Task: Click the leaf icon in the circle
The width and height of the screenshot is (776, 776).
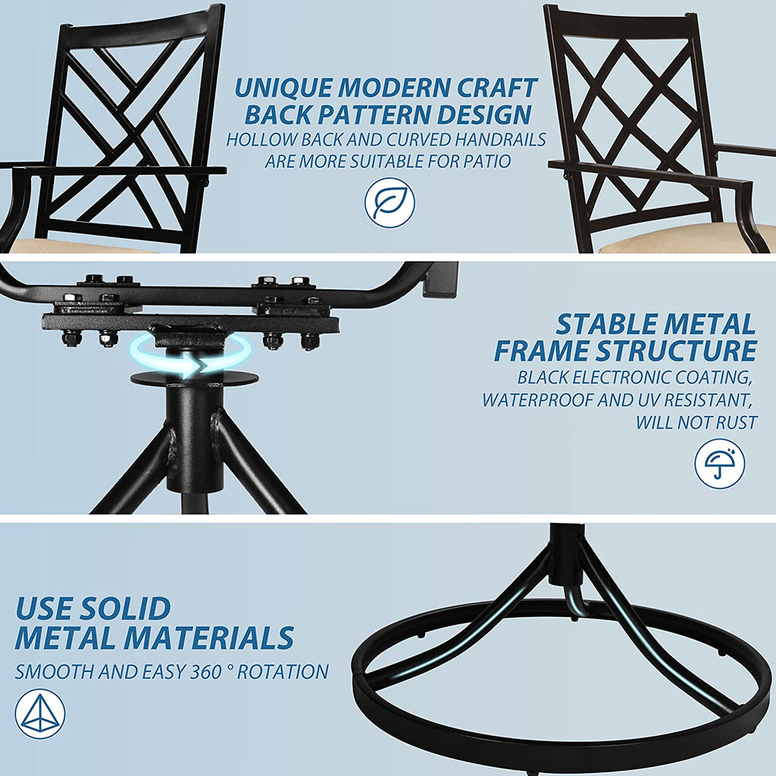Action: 390,202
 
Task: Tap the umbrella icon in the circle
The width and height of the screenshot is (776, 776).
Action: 719,464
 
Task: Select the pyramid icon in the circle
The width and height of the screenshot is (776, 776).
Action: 40,714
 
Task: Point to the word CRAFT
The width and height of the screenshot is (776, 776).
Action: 496,88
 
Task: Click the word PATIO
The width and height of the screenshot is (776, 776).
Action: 487,161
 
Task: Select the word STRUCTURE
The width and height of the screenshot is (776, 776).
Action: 676,351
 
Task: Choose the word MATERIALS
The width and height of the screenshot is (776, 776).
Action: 209,637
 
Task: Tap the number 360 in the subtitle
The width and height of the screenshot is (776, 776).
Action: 205,672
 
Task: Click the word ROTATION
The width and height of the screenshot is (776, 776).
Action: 283,672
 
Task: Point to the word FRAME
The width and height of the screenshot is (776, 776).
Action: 543,351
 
